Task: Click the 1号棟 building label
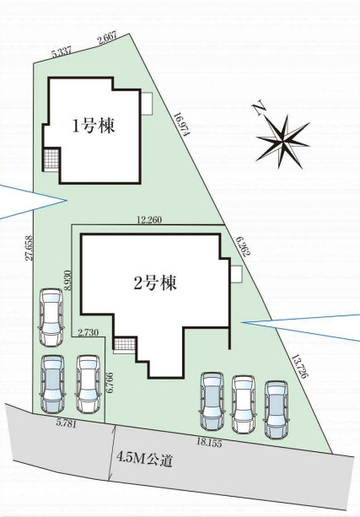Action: coord(94,127)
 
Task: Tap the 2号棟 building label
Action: coord(154,283)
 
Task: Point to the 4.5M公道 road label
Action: coord(144,460)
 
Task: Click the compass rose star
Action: coord(283,142)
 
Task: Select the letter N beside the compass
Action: coord(259,110)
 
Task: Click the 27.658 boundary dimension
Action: coord(29,248)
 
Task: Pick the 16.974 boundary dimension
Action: coord(181,124)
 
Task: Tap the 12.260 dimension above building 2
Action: coord(150,219)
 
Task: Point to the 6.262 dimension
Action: coord(244,246)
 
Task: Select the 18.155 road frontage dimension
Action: coord(209,443)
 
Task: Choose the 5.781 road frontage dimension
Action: coord(67,423)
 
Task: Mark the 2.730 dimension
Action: coord(88,332)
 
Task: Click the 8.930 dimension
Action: coord(68,280)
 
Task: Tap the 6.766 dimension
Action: coord(110,383)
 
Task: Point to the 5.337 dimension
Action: coord(62,53)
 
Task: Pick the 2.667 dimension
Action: coord(107,40)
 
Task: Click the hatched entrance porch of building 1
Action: coord(51,159)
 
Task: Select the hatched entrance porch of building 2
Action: coord(125,344)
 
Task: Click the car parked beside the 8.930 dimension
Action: coord(51,317)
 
